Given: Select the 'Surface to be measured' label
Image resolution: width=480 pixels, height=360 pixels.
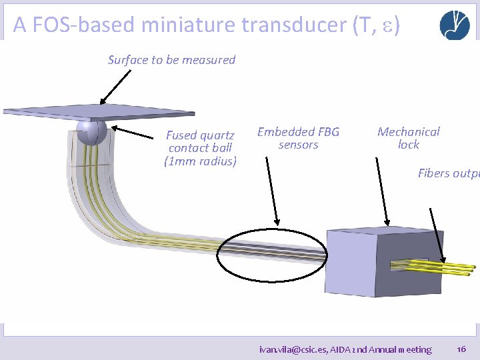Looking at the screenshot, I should pyautogui.click(x=171, y=60).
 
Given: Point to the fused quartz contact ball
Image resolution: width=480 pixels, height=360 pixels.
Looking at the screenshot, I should pyautogui.click(x=91, y=132).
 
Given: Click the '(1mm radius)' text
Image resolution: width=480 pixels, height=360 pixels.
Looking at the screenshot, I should pyautogui.click(x=200, y=161).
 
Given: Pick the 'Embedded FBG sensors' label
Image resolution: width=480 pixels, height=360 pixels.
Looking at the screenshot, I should pyautogui.click(x=298, y=138).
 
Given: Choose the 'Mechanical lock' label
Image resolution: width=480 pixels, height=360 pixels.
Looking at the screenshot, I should pyautogui.click(x=409, y=138).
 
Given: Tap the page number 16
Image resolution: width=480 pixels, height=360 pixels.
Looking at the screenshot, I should pyautogui.click(x=461, y=349).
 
